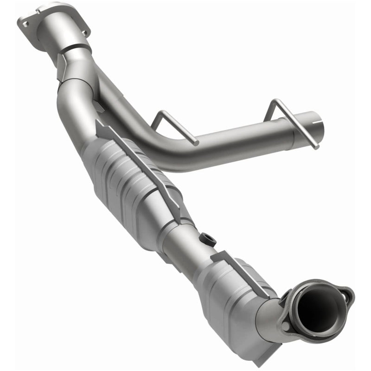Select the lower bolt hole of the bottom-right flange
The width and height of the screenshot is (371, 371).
(x=286, y=326)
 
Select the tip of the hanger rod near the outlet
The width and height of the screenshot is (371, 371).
(x=317, y=147)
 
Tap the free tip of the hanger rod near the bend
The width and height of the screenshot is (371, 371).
(x=197, y=142)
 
